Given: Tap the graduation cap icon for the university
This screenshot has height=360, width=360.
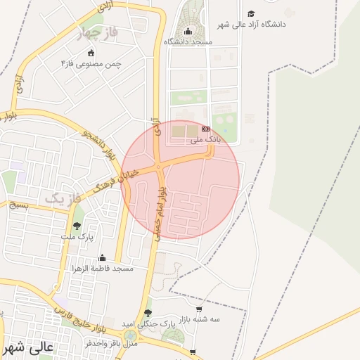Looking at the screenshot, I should pyautogui.click(x=251, y=13).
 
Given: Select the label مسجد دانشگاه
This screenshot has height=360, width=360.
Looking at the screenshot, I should pyautogui.click(x=188, y=42).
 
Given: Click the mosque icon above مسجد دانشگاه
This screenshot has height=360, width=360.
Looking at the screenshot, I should pyautogui.click(x=188, y=31).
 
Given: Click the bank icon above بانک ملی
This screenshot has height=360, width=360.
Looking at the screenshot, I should pyautogui.click(x=206, y=129).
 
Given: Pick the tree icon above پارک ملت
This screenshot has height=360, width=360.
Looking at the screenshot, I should pyautogui.click(x=76, y=226).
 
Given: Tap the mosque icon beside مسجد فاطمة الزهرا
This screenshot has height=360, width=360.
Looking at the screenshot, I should pyautogui.click(x=102, y=258).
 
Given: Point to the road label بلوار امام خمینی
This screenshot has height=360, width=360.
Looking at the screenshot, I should pyautogui.click(x=160, y=213).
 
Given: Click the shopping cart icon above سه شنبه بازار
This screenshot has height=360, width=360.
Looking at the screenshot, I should pyautogui.click(x=200, y=308).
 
